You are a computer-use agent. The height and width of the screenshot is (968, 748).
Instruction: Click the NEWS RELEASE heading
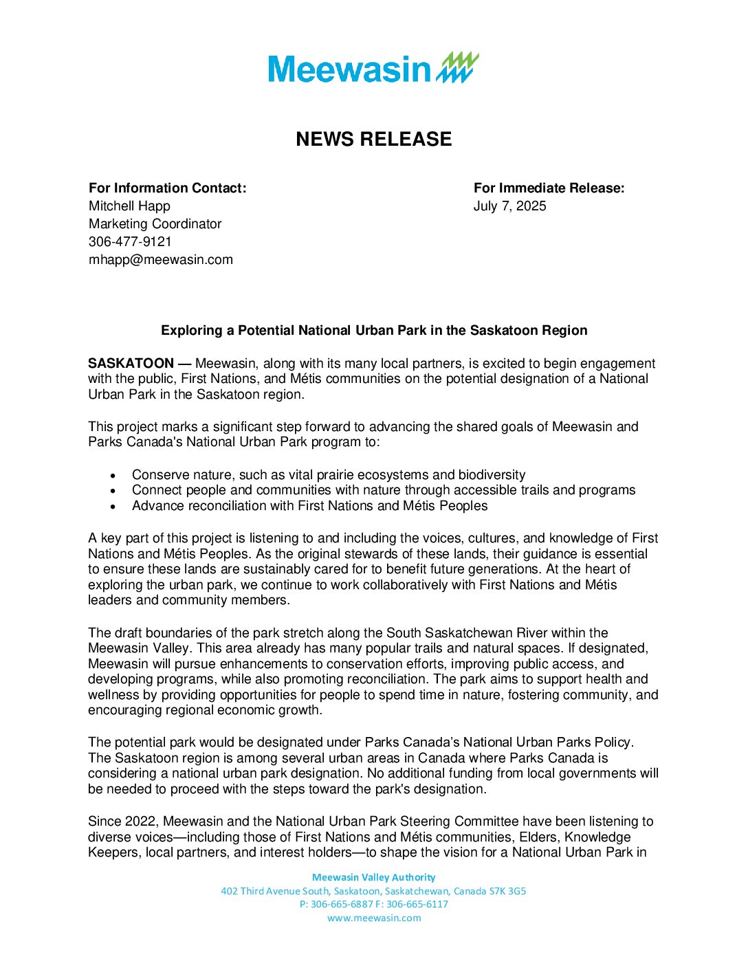pos(373,139)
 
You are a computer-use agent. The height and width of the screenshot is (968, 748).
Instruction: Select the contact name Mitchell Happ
pos(129,206)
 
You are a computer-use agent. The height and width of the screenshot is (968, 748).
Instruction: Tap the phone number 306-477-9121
pos(130,242)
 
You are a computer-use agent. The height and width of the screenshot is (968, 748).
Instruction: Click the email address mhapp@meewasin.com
pos(161,260)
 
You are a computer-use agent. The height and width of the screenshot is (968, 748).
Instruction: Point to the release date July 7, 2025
pos(509,206)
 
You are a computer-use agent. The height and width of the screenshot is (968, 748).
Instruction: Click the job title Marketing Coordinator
pos(155,224)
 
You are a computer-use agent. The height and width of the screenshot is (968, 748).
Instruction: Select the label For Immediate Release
pos(549,188)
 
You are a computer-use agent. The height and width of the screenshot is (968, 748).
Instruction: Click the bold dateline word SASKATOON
pos(131,363)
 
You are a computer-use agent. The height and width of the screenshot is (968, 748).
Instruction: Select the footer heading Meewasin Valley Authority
pos(373,877)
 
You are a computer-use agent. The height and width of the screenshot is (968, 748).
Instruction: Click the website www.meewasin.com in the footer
pos(374,918)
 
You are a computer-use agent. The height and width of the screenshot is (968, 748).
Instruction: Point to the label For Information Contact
pos(167,188)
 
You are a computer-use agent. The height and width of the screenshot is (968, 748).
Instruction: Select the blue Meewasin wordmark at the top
pos(349,69)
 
